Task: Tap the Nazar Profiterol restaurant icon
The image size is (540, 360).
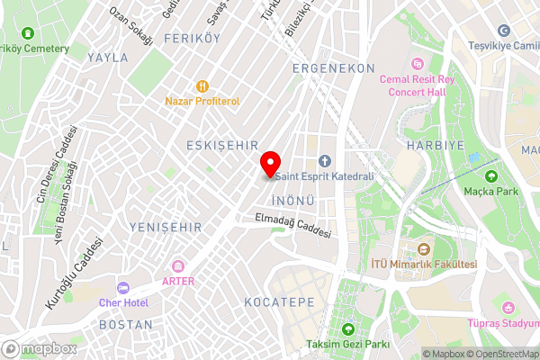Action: pos(202,86)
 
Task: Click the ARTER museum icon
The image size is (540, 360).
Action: pos(178,266)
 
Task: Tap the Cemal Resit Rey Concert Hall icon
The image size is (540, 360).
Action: pos(418,64)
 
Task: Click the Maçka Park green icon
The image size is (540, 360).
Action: pos(491,175)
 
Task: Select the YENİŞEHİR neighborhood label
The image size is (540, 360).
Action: pos(166,227)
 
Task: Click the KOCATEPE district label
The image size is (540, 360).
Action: pos(279,302)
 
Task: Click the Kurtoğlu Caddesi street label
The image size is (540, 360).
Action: pos(75,276)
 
